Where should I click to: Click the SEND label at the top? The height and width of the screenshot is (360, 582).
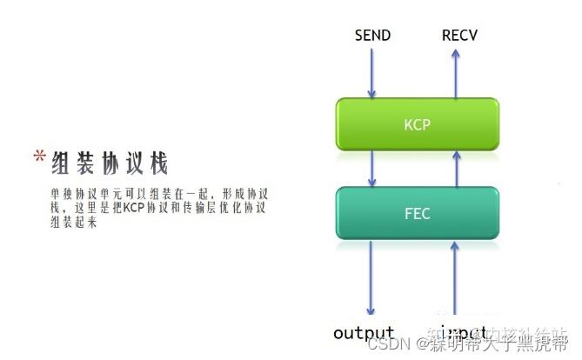click(373, 36)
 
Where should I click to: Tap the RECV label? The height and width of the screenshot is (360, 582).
click(459, 36)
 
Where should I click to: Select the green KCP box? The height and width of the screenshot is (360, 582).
click(417, 123)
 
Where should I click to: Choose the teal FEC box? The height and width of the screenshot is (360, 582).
click(417, 211)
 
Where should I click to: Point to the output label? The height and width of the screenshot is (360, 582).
click(364, 333)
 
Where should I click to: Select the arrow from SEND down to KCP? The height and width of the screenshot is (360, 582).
click(372, 73)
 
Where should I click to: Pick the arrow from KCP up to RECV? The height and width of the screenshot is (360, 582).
click(453, 73)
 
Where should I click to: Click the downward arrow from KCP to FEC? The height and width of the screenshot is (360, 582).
click(372, 168)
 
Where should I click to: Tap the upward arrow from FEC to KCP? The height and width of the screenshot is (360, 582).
click(453, 168)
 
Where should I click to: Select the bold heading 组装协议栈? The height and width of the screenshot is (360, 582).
click(108, 162)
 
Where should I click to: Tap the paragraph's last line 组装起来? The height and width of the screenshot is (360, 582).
click(71, 223)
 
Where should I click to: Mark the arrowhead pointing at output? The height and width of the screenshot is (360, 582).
click(372, 311)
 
